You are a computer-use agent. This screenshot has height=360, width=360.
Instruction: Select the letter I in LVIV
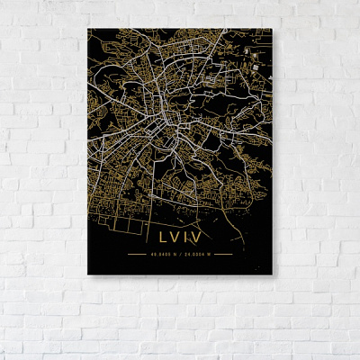pyautogui.click(x=187, y=238)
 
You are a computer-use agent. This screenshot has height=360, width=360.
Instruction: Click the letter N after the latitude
pyautogui.click(x=174, y=255)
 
